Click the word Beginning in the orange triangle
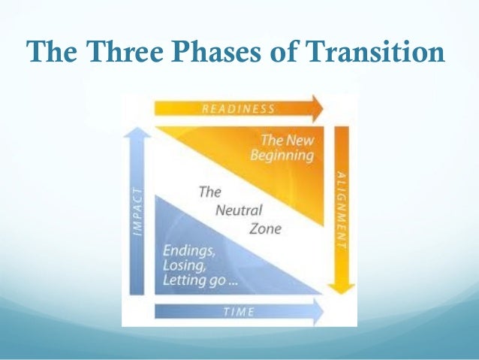point(283,156)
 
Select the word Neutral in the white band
point(238,210)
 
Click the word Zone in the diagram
point(265,228)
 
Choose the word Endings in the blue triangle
point(188,250)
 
